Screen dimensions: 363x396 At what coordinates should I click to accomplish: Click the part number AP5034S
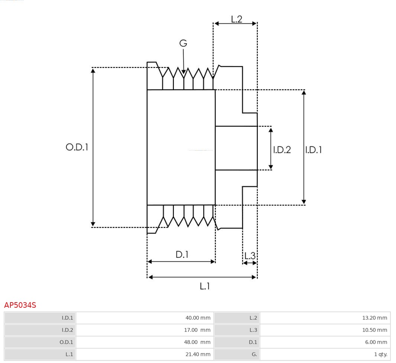pos(20,305)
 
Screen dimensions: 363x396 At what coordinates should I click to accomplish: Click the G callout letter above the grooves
pos(183,43)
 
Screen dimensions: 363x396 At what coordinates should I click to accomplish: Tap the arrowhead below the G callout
pos(184,71)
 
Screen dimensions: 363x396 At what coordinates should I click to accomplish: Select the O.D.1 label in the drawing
pos(77,147)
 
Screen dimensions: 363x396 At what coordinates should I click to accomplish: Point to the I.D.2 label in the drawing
pos(282,150)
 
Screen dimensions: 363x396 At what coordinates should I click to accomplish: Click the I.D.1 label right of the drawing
pos(314,150)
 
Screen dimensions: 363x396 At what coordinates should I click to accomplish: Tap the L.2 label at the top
pos(237,19)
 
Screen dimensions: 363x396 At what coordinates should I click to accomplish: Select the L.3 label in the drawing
pos(250,255)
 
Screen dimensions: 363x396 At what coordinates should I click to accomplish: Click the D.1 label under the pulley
pos(182,255)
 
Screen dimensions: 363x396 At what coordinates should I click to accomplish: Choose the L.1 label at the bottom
pos(205,286)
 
